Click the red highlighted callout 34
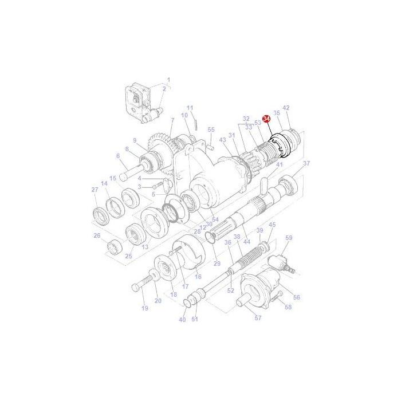(x=265, y=117)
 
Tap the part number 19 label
(x=144, y=308)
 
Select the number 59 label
(x=289, y=238)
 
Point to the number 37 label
(x=306, y=163)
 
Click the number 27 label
(x=95, y=190)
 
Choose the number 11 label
(x=190, y=108)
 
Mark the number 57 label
(x=258, y=318)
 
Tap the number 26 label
(x=97, y=235)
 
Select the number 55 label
(x=211, y=130)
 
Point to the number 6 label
(x=118, y=156)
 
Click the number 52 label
(x=230, y=290)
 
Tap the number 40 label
(x=182, y=320)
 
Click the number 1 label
(x=168, y=80)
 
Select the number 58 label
(x=288, y=307)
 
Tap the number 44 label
(x=247, y=242)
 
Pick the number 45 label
(x=272, y=225)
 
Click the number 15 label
(x=113, y=178)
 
